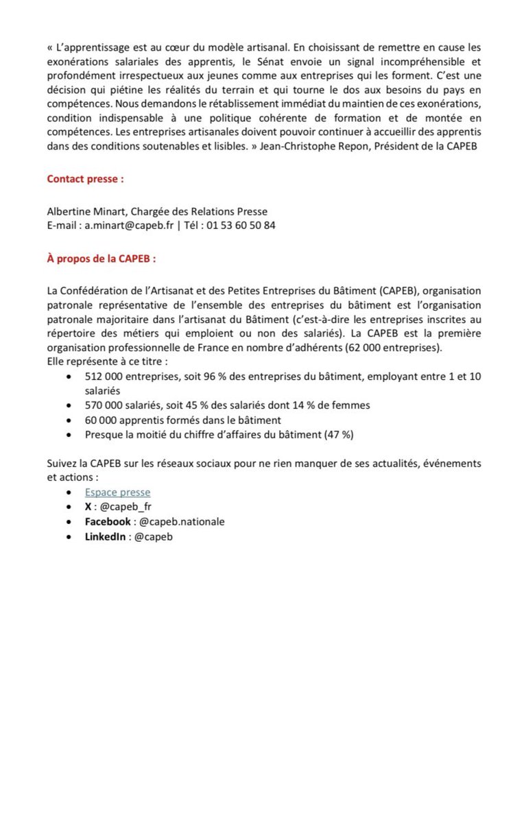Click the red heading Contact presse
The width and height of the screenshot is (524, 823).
(x=85, y=179)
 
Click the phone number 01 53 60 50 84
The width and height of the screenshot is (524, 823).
(x=241, y=225)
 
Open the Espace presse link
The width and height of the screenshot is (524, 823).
(x=117, y=492)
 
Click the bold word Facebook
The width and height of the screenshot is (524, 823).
(x=108, y=521)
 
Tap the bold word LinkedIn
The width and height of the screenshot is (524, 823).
(x=105, y=536)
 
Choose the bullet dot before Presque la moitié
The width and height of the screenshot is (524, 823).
(x=69, y=435)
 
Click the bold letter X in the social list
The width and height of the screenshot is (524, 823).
(x=88, y=507)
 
